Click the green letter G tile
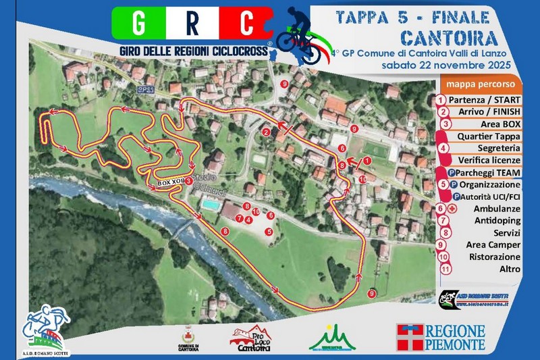(x=137, y=24)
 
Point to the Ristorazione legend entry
(x=495, y=257)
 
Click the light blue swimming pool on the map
(x=210, y=204)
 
